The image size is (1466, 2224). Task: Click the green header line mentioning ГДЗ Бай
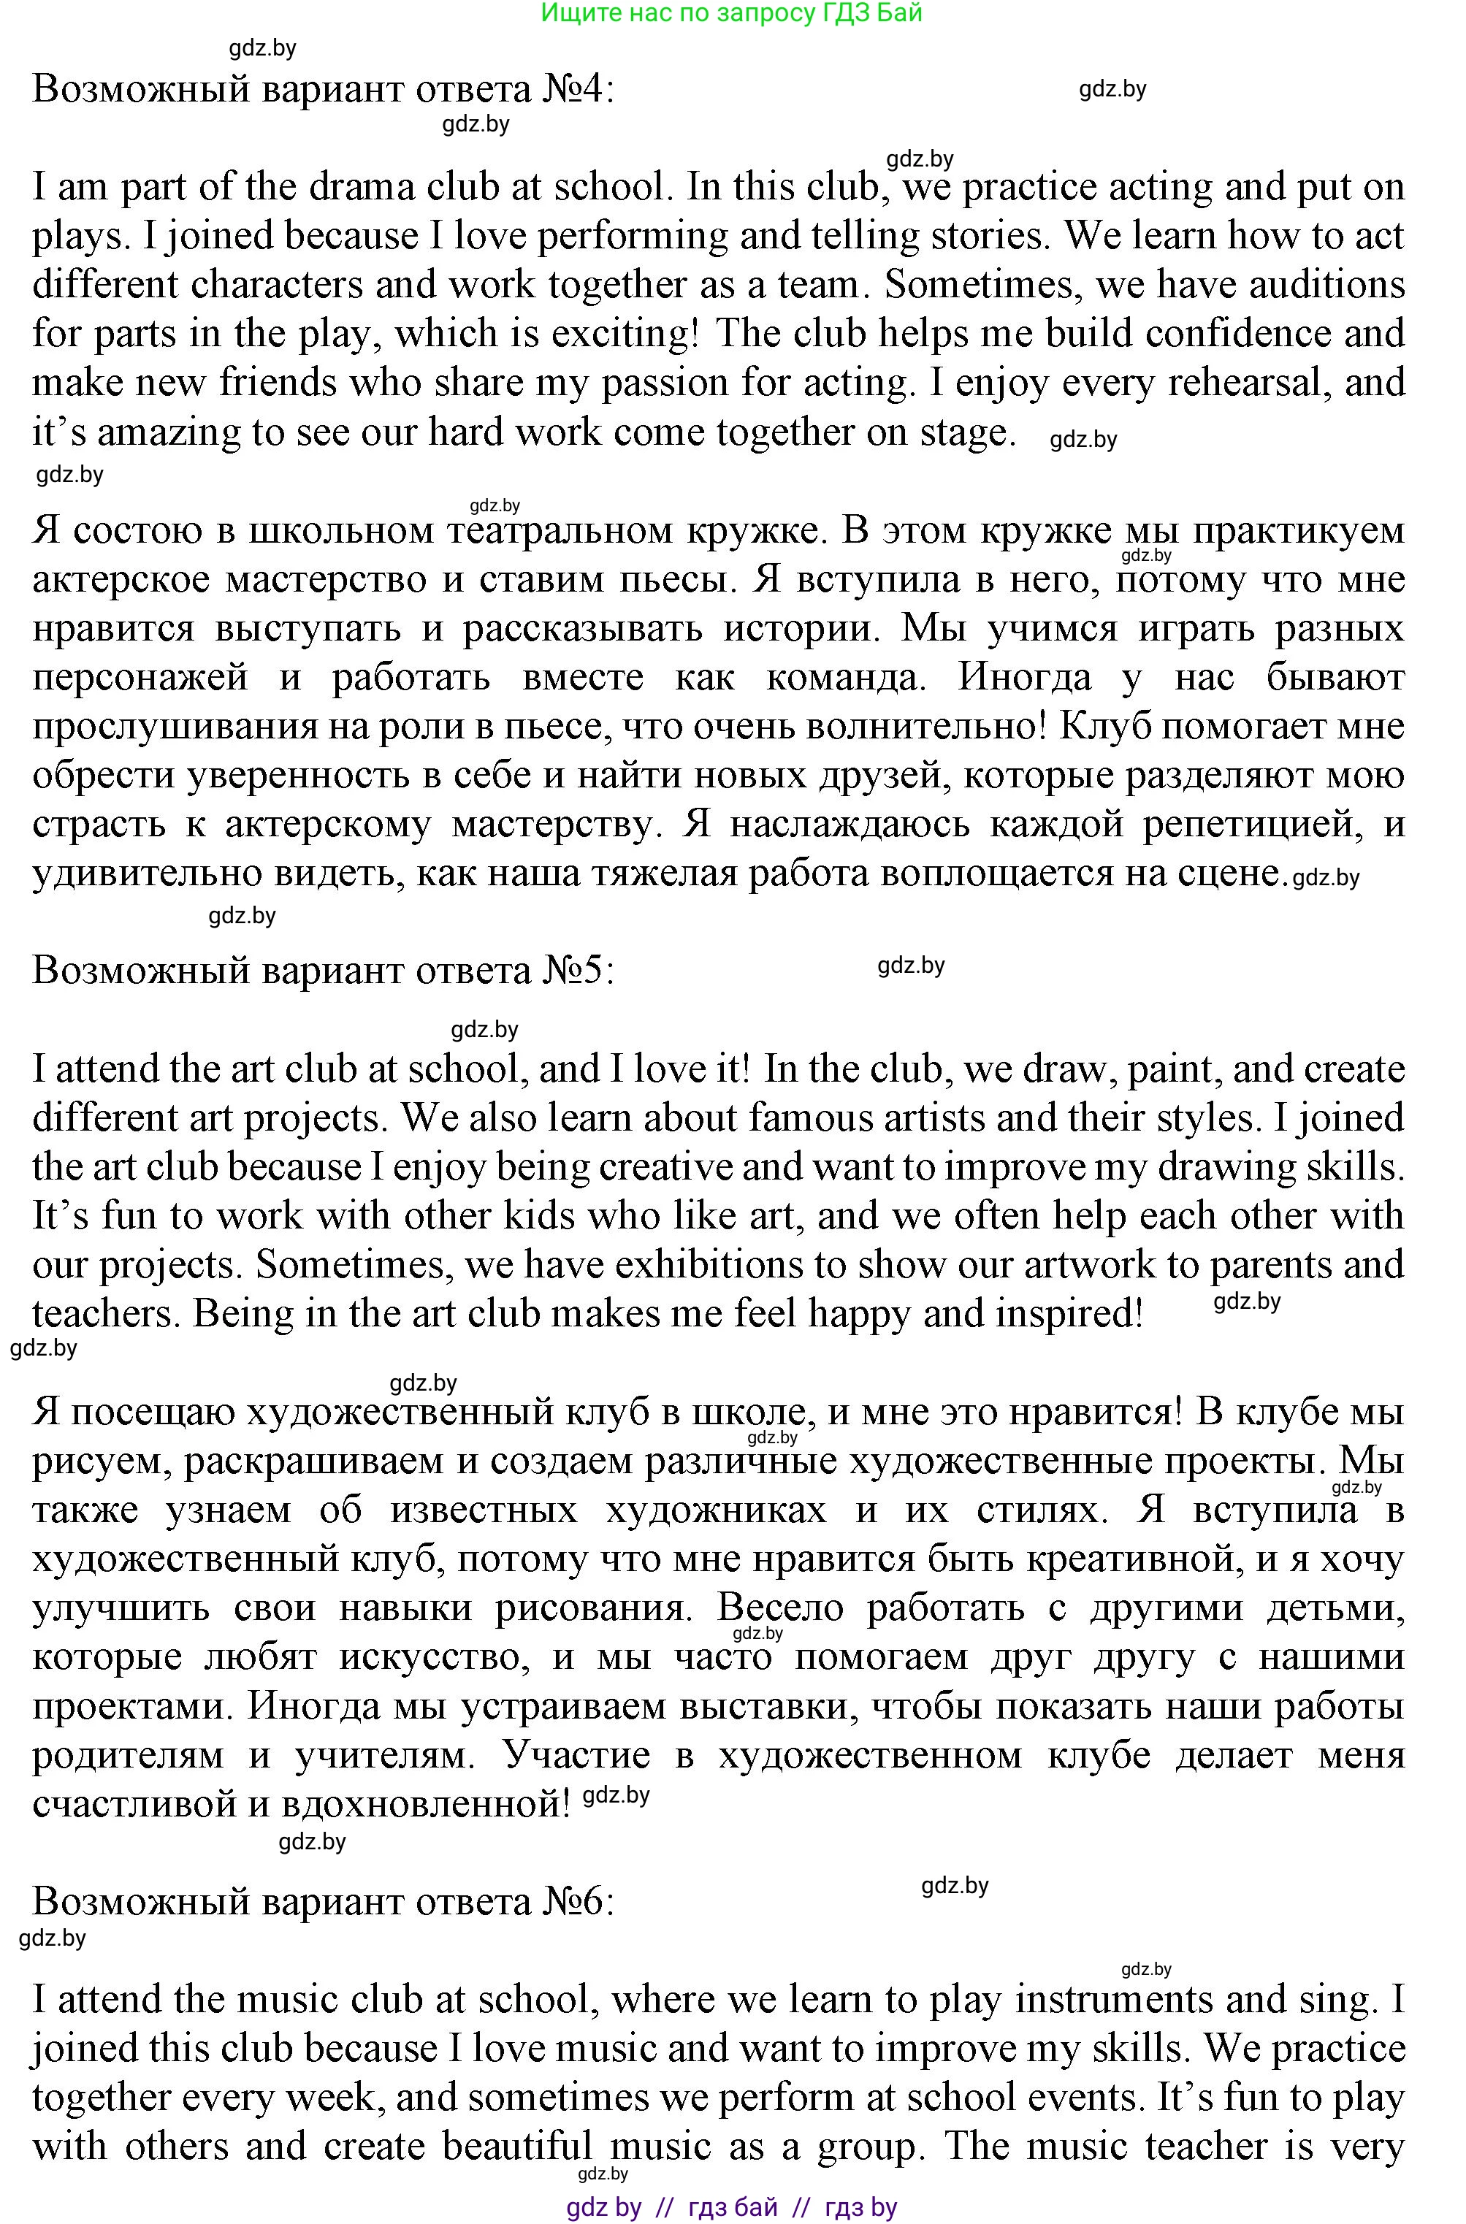[x=731, y=12]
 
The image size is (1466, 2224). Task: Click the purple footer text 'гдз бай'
[x=732, y=2208]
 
